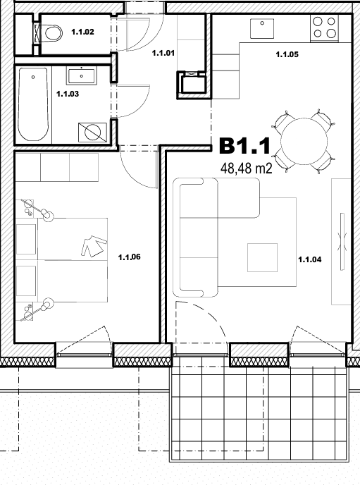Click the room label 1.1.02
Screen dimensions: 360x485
pos(82,32)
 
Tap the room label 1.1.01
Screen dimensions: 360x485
pos(163,53)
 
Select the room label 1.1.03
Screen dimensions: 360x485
pos(68,94)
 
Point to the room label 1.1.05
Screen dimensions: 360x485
pos(287,55)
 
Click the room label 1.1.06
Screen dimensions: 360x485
pos(129,257)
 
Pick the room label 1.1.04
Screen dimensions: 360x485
pos(310,259)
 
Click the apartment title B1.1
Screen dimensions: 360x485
pos(244,146)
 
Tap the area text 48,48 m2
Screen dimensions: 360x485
pos(247,168)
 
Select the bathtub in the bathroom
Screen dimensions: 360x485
pos(33,104)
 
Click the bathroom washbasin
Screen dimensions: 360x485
pos(81,76)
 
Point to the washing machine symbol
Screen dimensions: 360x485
pos(92,133)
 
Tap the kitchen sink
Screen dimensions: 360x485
pos(262,28)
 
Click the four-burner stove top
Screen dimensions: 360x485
pos(324,27)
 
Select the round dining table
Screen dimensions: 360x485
pos(304,142)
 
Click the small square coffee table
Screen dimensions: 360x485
pos(262,258)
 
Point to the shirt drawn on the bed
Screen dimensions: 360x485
pos(94,246)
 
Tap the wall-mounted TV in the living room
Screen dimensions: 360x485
pos(342,242)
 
